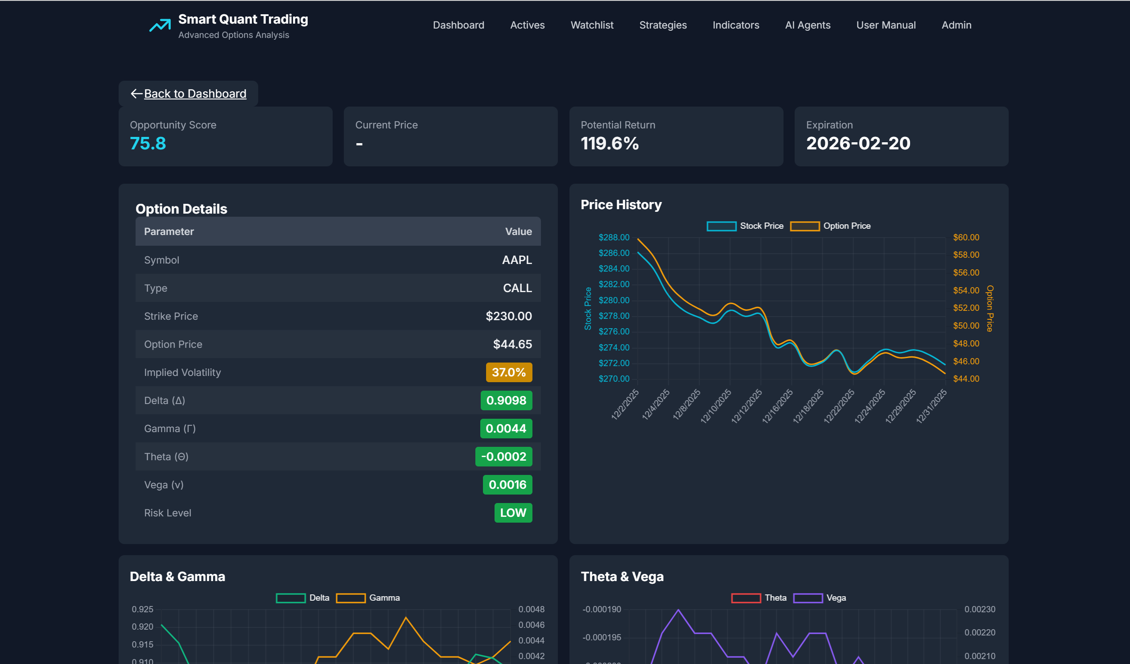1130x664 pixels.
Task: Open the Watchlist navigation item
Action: pyautogui.click(x=591, y=25)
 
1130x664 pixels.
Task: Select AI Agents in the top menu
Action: pyautogui.click(x=807, y=25)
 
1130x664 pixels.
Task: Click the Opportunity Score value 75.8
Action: pyautogui.click(x=148, y=144)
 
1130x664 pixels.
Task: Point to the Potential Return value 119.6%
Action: pyautogui.click(x=609, y=144)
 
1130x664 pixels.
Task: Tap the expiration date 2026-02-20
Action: pyautogui.click(x=858, y=144)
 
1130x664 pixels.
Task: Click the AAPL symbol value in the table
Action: pyautogui.click(x=516, y=260)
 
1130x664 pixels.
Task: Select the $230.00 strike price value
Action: pyautogui.click(x=508, y=316)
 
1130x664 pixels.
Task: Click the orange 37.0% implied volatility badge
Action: pyautogui.click(x=508, y=372)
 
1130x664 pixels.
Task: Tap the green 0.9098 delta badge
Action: pyautogui.click(x=506, y=400)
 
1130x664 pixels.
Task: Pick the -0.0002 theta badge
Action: pyautogui.click(x=503, y=456)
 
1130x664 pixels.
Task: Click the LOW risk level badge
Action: pyautogui.click(x=512, y=512)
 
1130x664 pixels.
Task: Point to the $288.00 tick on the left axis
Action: pyautogui.click(x=614, y=237)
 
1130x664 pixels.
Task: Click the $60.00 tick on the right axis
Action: pyautogui.click(x=965, y=237)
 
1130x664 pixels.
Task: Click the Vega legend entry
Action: pyautogui.click(x=819, y=598)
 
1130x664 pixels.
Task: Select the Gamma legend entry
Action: pyautogui.click(x=367, y=598)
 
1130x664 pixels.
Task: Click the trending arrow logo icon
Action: pyautogui.click(x=160, y=25)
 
